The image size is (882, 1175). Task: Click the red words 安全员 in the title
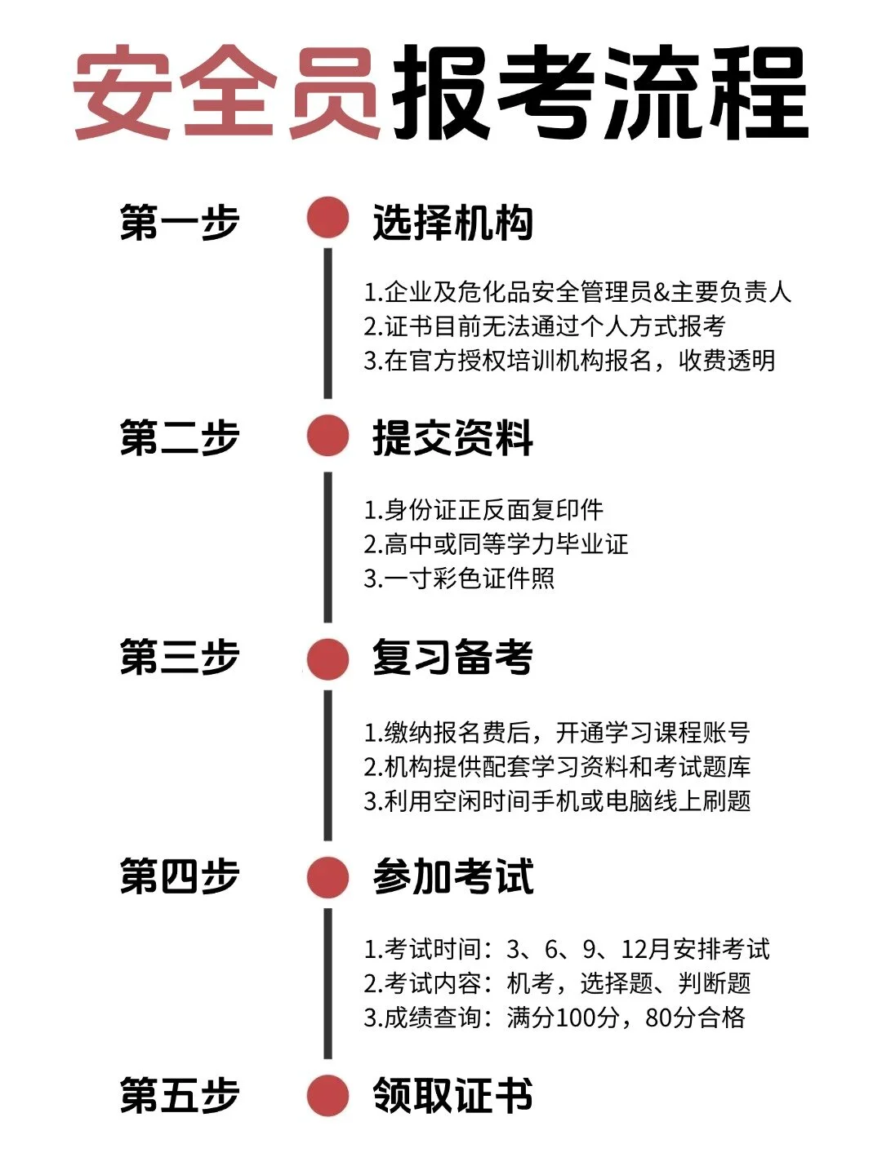pos(226,91)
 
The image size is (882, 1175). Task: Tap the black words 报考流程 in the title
pos(600,91)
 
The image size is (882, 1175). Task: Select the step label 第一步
pos(180,222)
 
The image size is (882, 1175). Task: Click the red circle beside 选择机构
pos(328,219)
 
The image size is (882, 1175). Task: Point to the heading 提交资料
pos(452,438)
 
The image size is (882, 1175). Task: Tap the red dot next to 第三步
pos(328,658)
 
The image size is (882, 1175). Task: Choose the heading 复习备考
pos(452,658)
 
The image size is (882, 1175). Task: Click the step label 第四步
pos(180,877)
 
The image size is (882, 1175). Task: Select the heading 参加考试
pos(452,877)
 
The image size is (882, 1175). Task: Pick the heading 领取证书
pos(452,1096)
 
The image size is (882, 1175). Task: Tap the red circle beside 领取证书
pos(328,1096)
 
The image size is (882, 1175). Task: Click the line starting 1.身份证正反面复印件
pos(483,510)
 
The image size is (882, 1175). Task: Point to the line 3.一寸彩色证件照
pos(459,579)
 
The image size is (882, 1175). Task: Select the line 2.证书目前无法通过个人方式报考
pos(545,326)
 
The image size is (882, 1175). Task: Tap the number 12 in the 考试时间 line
pos(635,949)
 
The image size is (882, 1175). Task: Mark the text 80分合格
pos(695,1018)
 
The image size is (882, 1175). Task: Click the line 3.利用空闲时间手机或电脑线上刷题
pos(557,801)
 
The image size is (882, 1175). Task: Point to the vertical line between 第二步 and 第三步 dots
pos(328,547)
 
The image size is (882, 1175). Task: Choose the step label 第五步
pos(180,1096)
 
